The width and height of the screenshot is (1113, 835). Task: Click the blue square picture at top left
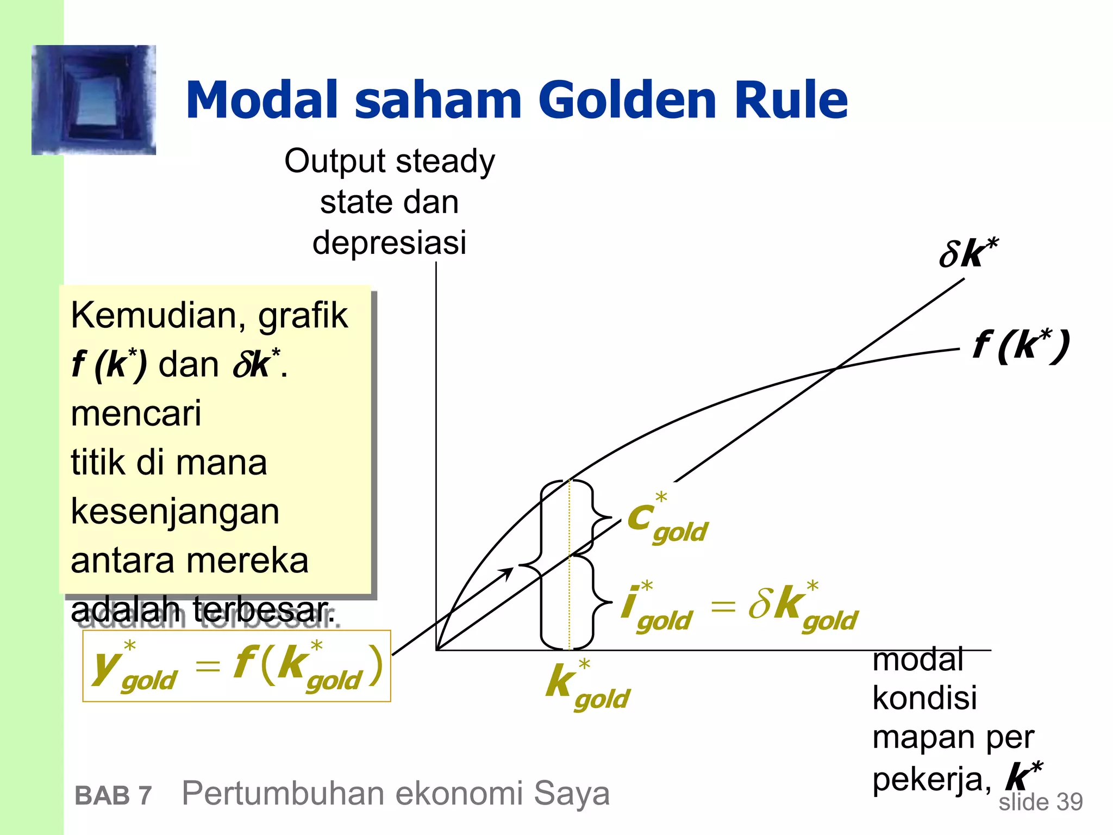pos(94,100)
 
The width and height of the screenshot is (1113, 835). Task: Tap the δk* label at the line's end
pos(967,253)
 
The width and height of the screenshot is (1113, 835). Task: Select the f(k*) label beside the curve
pos(1021,346)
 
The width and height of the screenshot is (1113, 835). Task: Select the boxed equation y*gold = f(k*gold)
pos(236,666)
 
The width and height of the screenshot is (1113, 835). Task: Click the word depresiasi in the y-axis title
pos(389,242)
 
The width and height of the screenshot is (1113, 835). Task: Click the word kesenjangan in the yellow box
pos(175,512)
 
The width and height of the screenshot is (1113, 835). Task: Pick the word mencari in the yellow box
pos(136,413)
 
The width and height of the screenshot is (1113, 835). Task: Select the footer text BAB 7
pos(113,796)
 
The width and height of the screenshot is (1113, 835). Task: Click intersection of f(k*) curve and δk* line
pos(835,369)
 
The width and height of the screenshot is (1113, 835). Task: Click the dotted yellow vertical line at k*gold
pos(569,598)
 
